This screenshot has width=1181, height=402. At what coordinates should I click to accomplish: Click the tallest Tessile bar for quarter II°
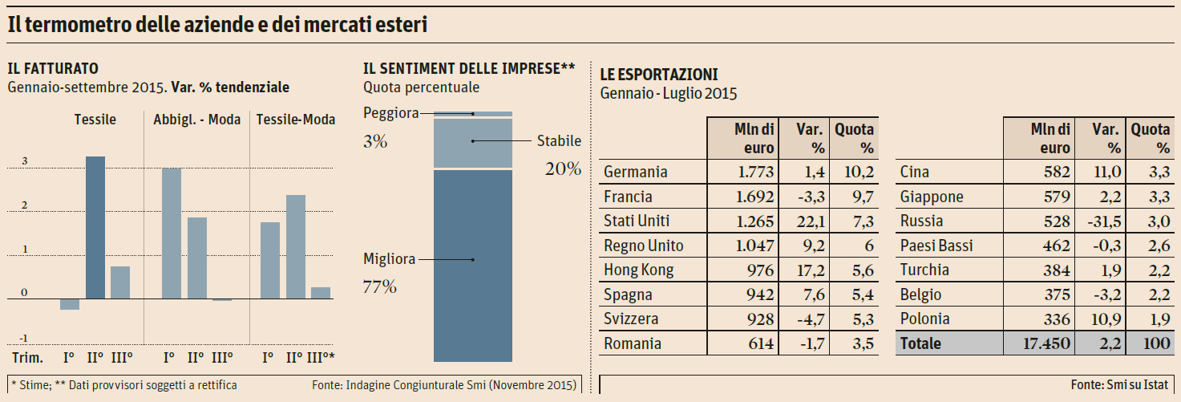click(x=95, y=227)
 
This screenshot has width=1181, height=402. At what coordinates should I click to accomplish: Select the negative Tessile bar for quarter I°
click(x=70, y=304)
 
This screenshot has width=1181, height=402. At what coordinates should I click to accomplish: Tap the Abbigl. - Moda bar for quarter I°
click(x=172, y=233)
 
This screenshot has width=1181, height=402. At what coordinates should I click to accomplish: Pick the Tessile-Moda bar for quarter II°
click(x=296, y=246)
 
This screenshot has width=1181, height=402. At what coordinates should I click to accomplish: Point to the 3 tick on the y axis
click(x=24, y=161)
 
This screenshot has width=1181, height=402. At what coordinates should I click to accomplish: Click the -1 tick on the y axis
click(x=23, y=337)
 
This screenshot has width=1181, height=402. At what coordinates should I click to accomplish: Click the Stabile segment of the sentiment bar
click(x=473, y=143)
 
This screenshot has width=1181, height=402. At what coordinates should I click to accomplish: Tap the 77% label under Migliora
click(x=381, y=286)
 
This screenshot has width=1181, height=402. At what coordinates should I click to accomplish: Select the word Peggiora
click(x=390, y=113)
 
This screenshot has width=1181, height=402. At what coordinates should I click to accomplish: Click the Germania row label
click(x=636, y=172)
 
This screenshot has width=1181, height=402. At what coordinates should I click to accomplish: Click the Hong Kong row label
click(x=639, y=270)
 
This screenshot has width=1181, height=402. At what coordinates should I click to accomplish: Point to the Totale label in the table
click(x=920, y=343)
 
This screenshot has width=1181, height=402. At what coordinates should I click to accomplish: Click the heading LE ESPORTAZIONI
click(x=659, y=75)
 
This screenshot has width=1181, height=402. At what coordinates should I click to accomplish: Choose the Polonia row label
click(x=924, y=319)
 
